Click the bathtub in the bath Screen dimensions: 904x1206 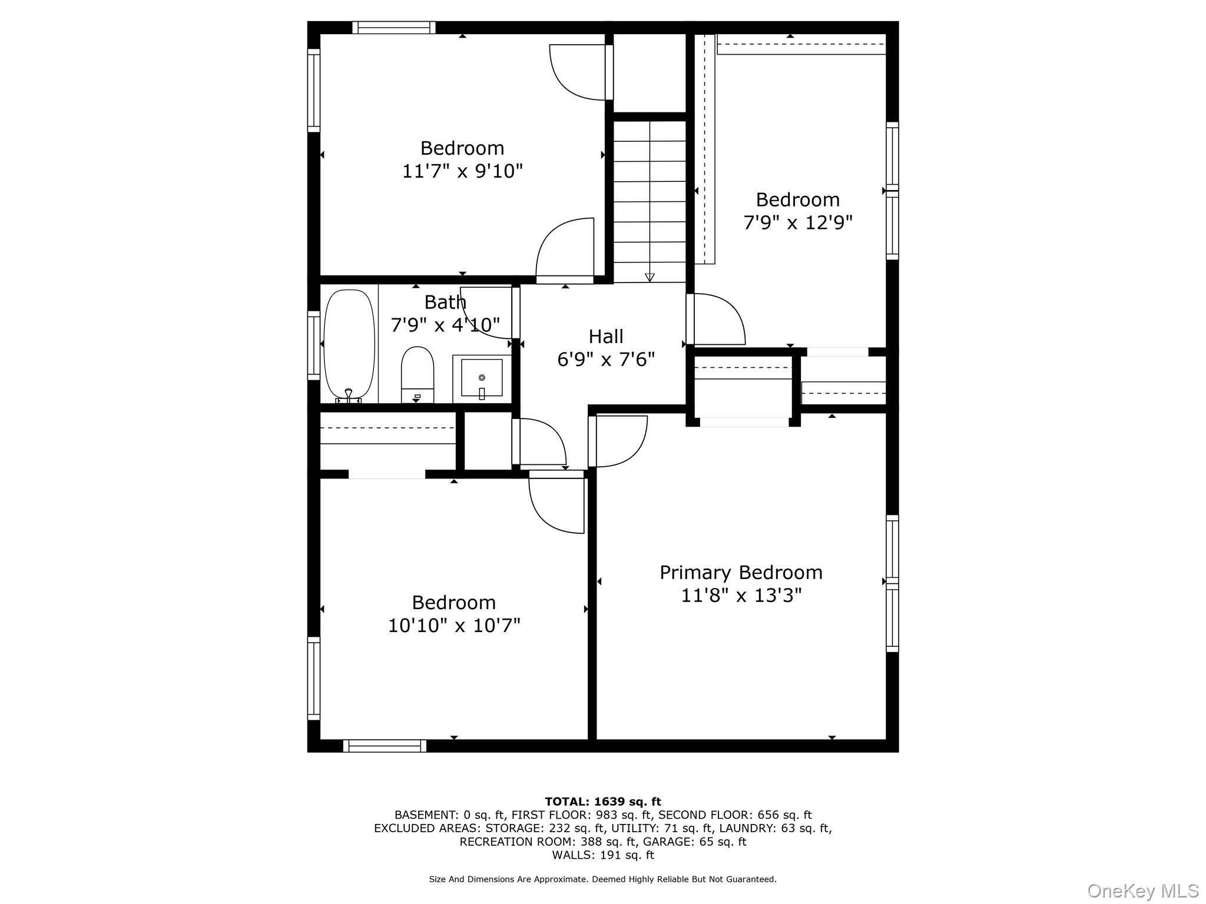coord(349,344)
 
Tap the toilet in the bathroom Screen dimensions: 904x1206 coord(417,372)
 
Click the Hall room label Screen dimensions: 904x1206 coord(605,337)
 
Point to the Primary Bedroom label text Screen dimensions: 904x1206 coord(741,572)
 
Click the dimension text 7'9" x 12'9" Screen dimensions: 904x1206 coord(797,222)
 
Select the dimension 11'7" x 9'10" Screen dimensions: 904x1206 coord(462,171)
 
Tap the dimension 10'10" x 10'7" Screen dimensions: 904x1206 coord(453,625)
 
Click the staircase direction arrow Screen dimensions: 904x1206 coord(650,277)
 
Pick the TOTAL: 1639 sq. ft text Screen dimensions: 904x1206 coord(602,802)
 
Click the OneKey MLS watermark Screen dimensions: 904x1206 coord(1142,891)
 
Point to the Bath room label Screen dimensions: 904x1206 coord(445,302)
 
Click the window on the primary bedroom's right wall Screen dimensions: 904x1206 coord(892,583)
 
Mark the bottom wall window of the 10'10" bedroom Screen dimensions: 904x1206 coord(385,746)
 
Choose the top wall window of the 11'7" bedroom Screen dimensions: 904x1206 coord(393,28)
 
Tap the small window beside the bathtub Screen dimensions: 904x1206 coord(314,345)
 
